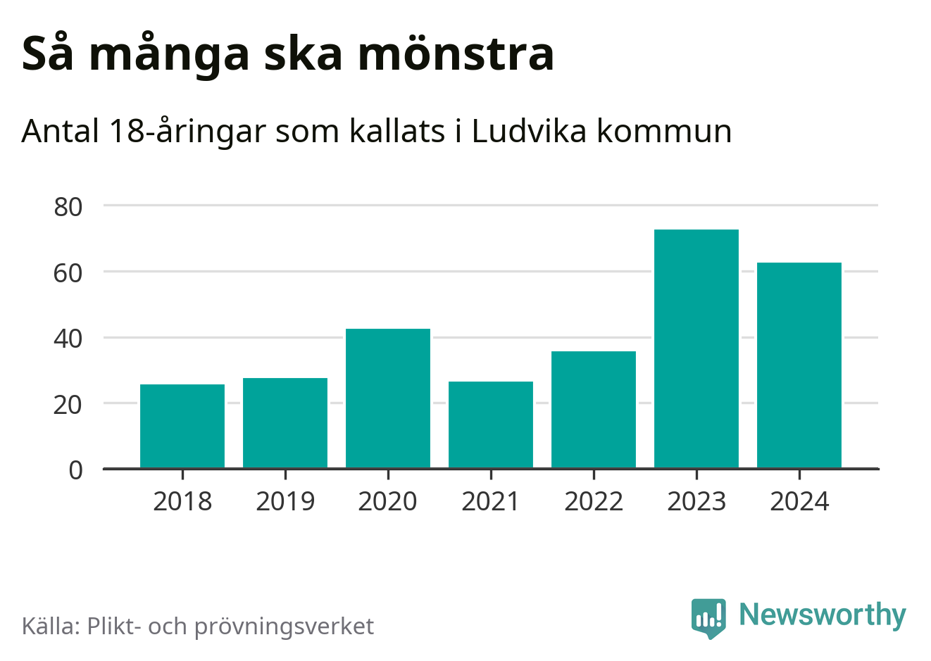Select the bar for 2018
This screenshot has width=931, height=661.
tap(182, 426)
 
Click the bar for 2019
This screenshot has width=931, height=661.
tap(285, 423)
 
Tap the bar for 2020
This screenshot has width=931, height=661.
tap(388, 398)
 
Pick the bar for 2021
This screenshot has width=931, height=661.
tap(491, 424)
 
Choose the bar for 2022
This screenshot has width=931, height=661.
tap(594, 410)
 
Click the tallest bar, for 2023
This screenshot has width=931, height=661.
tap(696, 348)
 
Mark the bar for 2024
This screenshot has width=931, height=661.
tap(799, 365)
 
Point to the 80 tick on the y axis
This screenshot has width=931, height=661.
tap(68, 207)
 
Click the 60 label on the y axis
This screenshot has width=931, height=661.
tap(68, 273)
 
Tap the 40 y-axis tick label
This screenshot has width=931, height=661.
tap(68, 339)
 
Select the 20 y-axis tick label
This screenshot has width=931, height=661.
tap(68, 405)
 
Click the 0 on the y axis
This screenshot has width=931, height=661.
tap(76, 470)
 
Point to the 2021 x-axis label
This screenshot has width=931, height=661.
tap(491, 502)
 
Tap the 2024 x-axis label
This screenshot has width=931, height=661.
tap(799, 502)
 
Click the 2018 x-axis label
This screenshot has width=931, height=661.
tap(182, 502)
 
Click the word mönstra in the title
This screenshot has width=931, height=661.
tap(456, 54)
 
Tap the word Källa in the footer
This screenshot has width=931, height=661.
tap(51, 626)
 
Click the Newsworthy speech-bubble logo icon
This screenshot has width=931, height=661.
tap(708, 617)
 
